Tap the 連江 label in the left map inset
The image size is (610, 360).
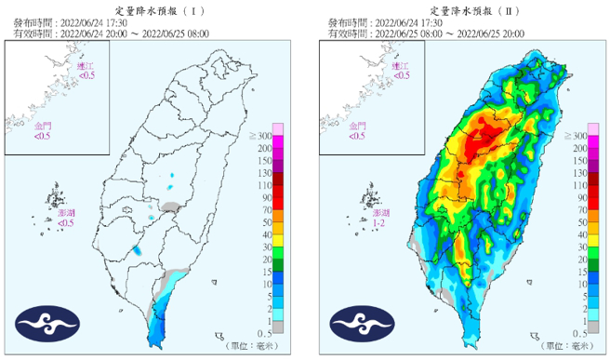coord(86,66)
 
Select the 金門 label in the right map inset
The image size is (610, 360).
coord(356,126)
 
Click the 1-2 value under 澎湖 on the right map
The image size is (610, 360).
coord(378,224)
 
